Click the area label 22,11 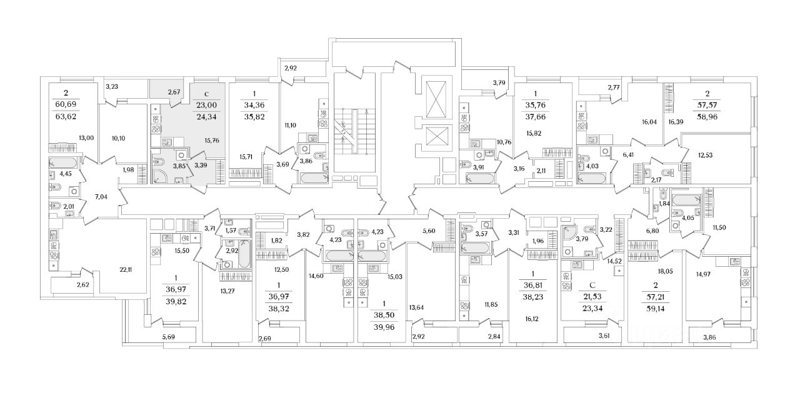point(126,270)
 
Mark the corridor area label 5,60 point(428,231)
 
